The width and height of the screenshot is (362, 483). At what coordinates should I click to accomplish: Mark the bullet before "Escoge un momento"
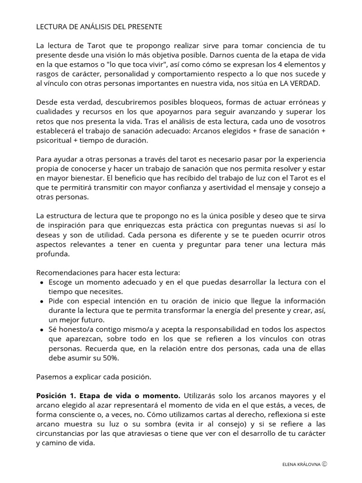pos(42,283)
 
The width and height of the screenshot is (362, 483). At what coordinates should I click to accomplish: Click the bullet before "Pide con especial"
pos(42,301)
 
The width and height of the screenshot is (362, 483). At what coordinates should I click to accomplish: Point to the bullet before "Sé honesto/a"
pos(42,330)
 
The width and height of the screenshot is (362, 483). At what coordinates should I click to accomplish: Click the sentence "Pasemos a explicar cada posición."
pos(93,377)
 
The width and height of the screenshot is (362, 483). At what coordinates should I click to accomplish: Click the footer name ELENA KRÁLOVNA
pos(301,464)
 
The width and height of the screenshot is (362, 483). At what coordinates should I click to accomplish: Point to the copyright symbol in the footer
pos(325,464)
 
